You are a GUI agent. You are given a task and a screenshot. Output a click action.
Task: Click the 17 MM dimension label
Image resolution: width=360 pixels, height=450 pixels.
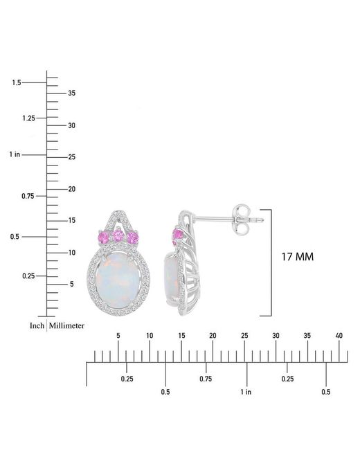[298, 257]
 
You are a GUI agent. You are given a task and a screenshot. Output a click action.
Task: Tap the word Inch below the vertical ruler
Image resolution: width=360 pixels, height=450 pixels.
[37, 326]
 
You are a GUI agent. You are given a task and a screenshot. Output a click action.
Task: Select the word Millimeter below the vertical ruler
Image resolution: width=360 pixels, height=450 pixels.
[66, 326]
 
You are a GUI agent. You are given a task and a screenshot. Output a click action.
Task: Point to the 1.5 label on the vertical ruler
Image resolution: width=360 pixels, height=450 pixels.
[17, 82]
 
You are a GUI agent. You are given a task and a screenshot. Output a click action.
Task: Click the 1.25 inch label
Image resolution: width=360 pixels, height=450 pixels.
[28, 118]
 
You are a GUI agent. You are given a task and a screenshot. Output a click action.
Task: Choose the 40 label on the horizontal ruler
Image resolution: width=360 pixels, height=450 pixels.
[339, 336]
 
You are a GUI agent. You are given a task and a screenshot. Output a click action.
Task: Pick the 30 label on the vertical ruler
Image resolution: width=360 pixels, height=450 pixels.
[72, 125]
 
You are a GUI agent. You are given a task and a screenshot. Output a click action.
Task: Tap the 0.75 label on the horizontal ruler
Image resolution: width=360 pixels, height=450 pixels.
[206, 379]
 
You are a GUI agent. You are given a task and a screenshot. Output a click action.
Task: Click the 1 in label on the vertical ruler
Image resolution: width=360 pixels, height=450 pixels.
[15, 154]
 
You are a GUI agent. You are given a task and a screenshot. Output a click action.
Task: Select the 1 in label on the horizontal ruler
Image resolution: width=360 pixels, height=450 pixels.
[246, 392]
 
